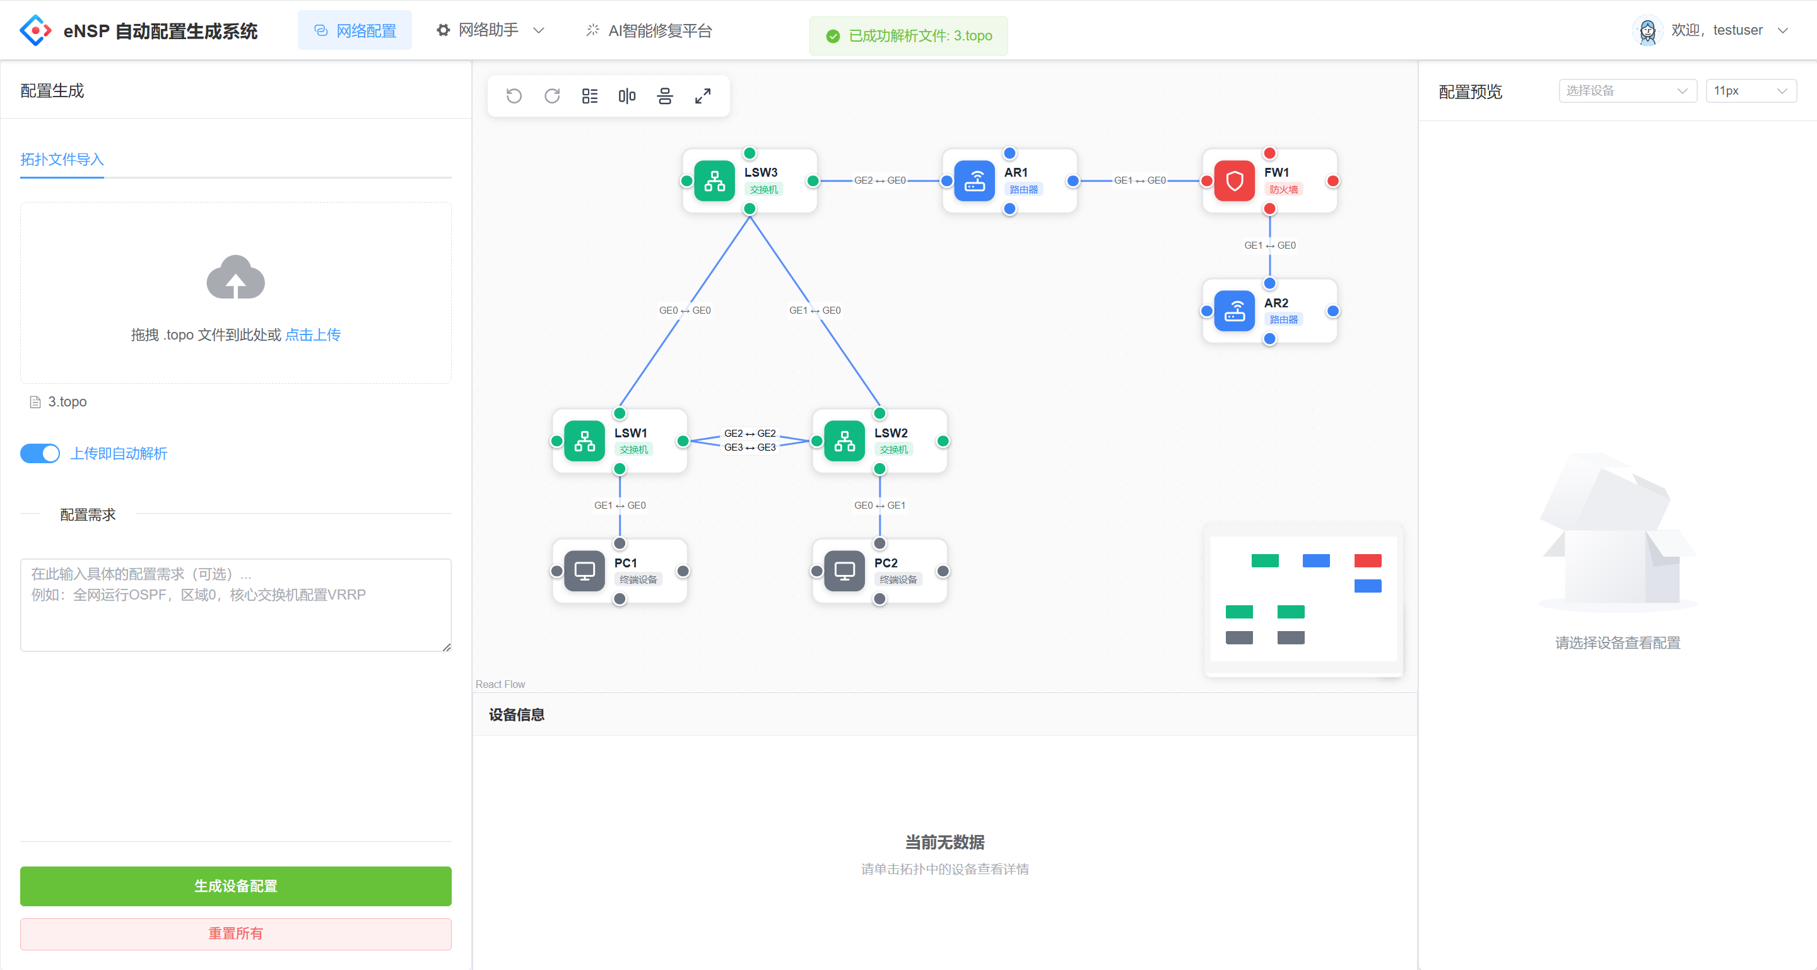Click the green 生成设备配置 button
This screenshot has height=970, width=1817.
click(x=235, y=885)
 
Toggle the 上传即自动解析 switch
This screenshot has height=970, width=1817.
click(x=40, y=453)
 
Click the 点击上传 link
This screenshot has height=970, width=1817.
click(x=312, y=334)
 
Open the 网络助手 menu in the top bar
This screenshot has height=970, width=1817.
click(x=490, y=30)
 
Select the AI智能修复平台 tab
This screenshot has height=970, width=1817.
click(x=649, y=30)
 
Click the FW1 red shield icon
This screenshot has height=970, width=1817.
click(x=1233, y=181)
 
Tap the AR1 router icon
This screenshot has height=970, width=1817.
click(x=974, y=181)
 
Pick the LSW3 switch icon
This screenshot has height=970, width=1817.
click(x=714, y=181)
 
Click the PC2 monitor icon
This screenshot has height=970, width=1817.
click(x=844, y=571)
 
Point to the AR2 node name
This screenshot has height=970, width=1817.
click(x=1276, y=303)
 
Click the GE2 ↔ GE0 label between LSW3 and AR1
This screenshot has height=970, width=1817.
click(x=879, y=180)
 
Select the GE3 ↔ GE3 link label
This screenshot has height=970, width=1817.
click(x=750, y=447)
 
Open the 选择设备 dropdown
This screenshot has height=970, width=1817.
click(x=1626, y=90)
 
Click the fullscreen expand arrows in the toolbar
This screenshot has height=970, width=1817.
click(x=703, y=96)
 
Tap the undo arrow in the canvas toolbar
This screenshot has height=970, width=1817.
click(x=514, y=96)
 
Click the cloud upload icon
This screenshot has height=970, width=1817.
click(x=235, y=277)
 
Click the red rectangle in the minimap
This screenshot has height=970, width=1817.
click(x=1367, y=560)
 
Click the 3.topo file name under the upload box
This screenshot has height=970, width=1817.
click(x=67, y=401)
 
